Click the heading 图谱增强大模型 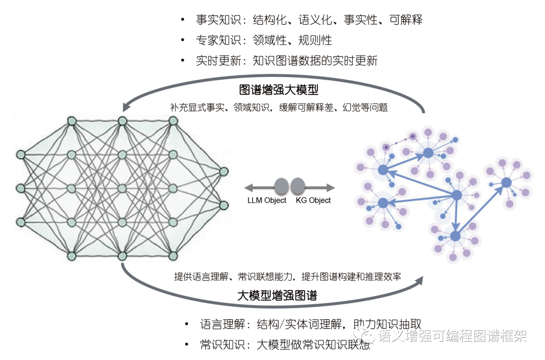coord(279,90)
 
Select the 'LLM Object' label coord(267,200)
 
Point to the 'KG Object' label coord(313,200)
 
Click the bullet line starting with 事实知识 coord(309,20)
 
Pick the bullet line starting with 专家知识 coord(263,40)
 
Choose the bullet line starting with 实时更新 coord(286,61)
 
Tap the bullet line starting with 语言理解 coord(310,324)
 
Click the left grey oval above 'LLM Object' coord(282,186)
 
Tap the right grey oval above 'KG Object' coord(298,186)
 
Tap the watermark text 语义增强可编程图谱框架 coord(453,336)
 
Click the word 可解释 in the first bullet coord(406,20)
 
